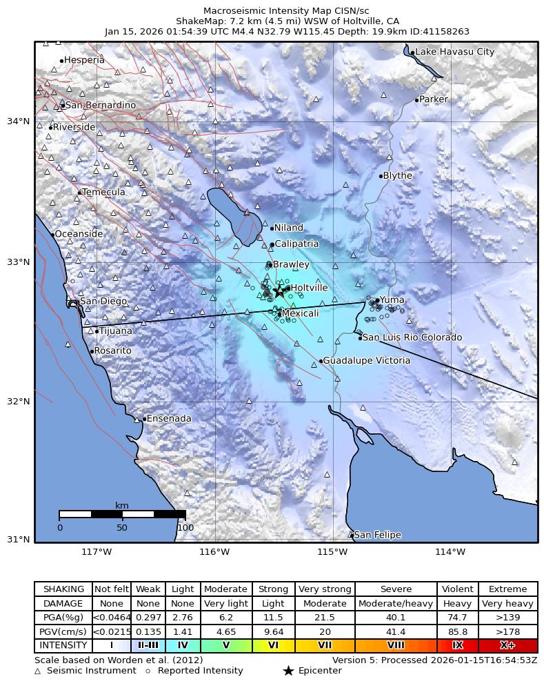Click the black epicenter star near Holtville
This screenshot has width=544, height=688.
(279, 292)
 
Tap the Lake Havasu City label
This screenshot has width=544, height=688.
(455, 52)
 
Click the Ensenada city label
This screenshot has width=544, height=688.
(169, 419)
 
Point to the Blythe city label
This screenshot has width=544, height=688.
(397, 175)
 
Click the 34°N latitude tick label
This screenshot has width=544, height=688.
(18, 121)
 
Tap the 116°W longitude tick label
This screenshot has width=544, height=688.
(214, 551)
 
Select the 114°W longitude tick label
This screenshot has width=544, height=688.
(450, 551)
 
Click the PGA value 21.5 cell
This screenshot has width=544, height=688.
(325, 618)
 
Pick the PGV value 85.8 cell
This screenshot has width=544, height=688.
(457, 631)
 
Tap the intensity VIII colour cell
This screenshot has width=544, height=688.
(396, 646)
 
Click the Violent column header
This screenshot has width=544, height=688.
(457, 589)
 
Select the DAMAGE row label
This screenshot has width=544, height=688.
(63, 604)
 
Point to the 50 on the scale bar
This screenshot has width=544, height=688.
(122, 528)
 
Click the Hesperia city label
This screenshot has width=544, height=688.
(84, 60)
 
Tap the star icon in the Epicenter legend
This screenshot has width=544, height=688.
(288, 671)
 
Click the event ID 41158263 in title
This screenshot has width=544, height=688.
(447, 31)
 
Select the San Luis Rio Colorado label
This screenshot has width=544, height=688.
(412, 337)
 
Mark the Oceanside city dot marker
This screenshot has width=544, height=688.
(52, 235)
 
